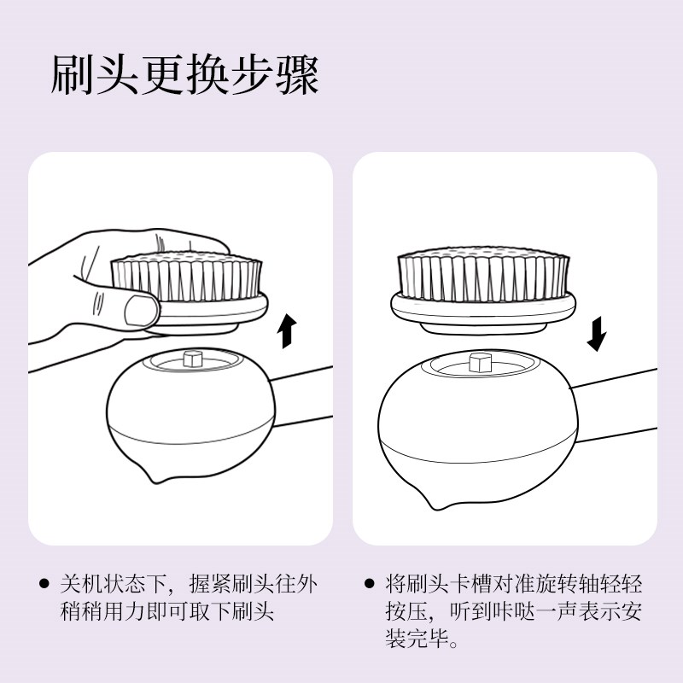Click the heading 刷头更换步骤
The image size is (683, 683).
coord(184,76)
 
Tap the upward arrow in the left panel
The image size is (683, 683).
coord(289,330)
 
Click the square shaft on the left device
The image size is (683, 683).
coord(192,357)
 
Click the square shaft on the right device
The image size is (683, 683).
coord(482,360)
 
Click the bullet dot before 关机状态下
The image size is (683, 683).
coord(44,585)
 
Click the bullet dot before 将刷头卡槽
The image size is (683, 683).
coord(369,585)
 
